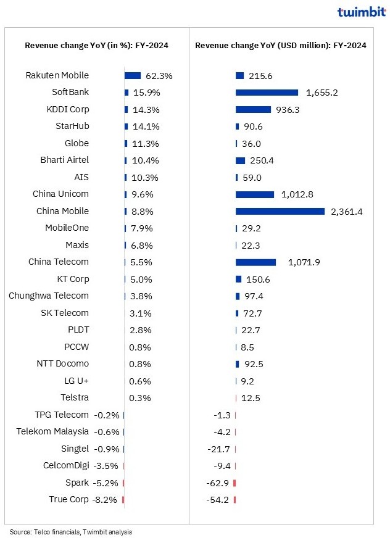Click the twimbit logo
click(x=361, y=12)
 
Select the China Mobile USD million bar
click(x=280, y=211)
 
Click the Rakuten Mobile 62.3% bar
click(x=133, y=75)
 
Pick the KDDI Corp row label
click(x=68, y=109)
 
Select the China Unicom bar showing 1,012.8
click(x=255, y=194)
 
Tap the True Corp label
click(x=68, y=499)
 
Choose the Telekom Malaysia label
click(x=52, y=431)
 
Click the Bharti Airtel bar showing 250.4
click(x=240, y=160)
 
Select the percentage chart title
click(x=97, y=45)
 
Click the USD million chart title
click(x=281, y=45)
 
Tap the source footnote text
click(x=70, y=531)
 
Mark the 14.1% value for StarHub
click(x=143, y=126)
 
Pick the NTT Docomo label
click(x=63, y=363)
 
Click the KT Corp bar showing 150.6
click(x=238, y=279)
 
